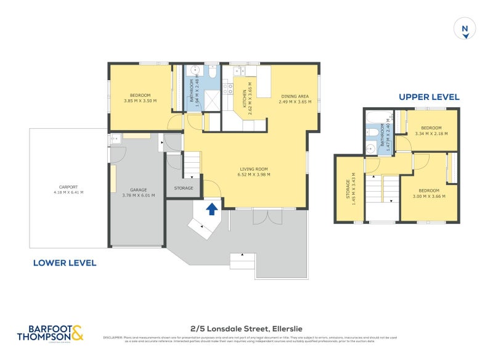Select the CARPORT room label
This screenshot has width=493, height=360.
pos(68,187)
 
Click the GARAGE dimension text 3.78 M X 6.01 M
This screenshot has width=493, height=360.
pos(138,195)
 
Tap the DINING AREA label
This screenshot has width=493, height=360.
pos(294,96)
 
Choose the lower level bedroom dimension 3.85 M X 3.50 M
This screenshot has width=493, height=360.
pos(140,101)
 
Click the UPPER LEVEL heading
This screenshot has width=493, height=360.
pos(428,97)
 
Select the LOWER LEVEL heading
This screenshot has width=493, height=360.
pos(64,263)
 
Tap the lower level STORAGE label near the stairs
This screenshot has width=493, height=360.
pos(184,188)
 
